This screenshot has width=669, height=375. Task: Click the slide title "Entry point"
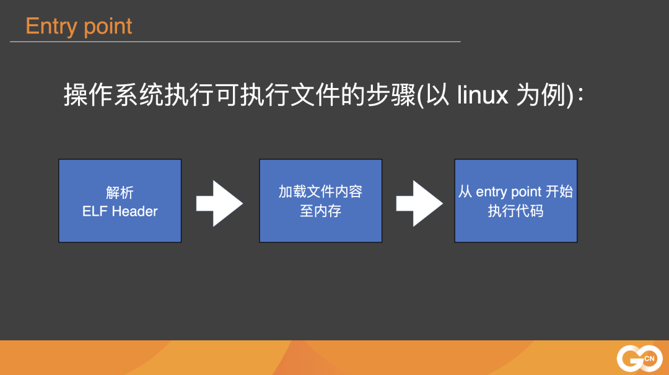[x=79, y=26]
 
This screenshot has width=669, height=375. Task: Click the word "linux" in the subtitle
[x=483, y=96]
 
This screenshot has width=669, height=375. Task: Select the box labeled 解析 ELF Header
[x=120, y=200]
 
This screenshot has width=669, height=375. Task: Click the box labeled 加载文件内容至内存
[x=320, y=200]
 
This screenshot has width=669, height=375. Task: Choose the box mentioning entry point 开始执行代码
[x=515, y=200]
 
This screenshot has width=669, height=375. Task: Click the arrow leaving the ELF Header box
[x=219, y=203]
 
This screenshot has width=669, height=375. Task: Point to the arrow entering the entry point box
[x=419, y=203]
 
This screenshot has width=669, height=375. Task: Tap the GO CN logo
[x=639, y=358]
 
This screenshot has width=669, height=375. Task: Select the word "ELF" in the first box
[x=95, y=211]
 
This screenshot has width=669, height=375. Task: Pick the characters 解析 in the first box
[x=120, y=192]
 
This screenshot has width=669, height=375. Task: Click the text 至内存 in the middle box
[x=320, y=211]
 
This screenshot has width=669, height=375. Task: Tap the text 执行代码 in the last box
[x=515, y=211]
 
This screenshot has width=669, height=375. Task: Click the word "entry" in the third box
[x=492, y=192]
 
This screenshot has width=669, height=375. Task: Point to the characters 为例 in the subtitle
[x=543, y=96]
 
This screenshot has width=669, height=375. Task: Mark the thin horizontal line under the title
[x=235, y=42]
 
